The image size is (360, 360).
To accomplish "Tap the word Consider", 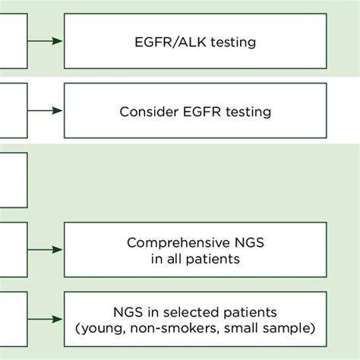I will coord(146,112).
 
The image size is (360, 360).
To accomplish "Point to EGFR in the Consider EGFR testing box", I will coord(197,112).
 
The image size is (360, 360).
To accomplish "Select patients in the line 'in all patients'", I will coord(215,258).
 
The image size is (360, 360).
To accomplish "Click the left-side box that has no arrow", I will coord(13,181).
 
